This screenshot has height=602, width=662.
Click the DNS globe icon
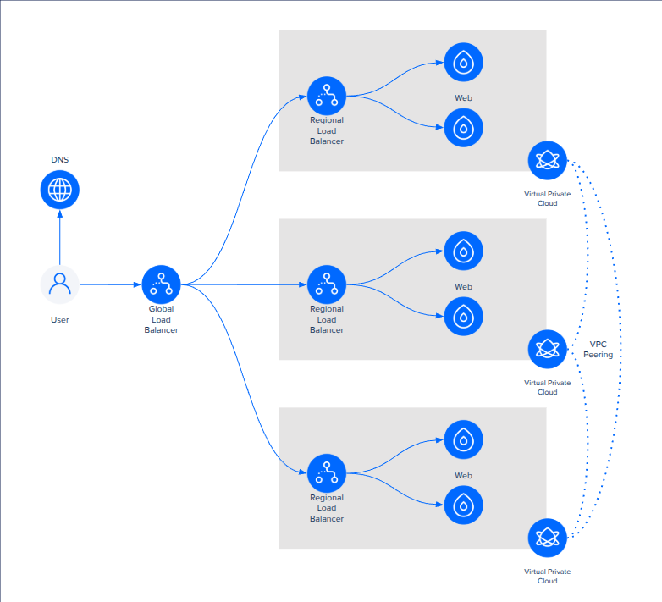[60, 190]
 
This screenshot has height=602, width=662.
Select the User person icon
[60, 284]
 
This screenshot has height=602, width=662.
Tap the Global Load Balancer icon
[161, 284]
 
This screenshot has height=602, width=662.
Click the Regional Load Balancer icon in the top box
[327, 96]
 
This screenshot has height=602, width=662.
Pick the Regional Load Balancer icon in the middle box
[327, 284]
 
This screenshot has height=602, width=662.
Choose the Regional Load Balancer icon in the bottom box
[327, 473]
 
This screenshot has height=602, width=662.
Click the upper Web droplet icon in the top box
[463, 62]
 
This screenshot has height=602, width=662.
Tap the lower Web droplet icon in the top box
[463, 128]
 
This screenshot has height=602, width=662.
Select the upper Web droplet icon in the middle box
[463, 251]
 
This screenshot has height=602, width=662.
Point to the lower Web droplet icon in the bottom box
[463, 505]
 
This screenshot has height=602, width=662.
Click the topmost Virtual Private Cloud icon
[547, 161]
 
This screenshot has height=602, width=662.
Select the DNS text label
[60, 159]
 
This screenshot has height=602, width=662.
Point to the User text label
[60, 320]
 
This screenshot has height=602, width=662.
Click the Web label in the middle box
[463, 287]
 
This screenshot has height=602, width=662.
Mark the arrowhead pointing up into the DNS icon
[60, 213]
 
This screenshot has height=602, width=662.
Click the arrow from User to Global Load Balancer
[110, 284]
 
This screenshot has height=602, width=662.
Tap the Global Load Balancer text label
[161, 320]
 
